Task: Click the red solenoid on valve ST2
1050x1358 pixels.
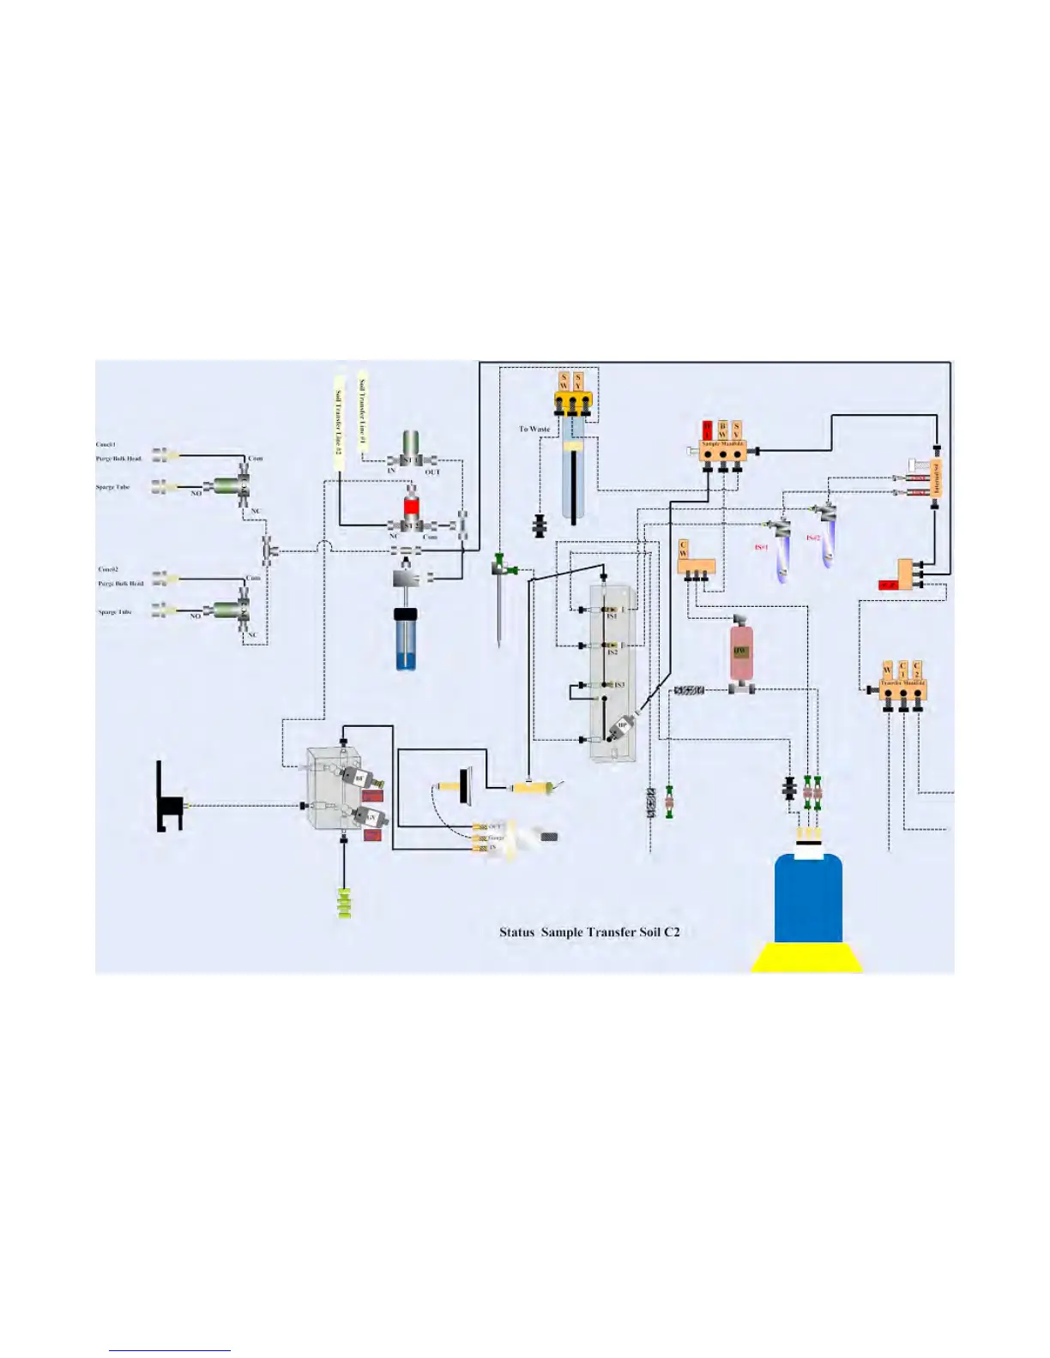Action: (412, 505)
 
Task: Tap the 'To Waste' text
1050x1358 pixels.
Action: (534, 429)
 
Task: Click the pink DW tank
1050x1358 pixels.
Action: (740, 652)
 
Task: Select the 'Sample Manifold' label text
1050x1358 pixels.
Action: (722, 444)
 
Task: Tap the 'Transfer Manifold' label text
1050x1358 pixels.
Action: (902, 683)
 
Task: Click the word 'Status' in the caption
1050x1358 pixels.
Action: (516, 932)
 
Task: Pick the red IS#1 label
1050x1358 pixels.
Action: (761, 547)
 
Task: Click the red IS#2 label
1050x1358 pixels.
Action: (812, 538)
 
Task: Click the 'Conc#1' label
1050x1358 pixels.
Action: (106, 445)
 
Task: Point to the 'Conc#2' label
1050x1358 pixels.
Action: (108, 569)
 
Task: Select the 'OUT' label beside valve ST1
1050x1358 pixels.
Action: (432, 472)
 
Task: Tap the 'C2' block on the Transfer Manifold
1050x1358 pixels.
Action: (916, 670)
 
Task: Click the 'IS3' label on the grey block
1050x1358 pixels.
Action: (619, 685)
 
